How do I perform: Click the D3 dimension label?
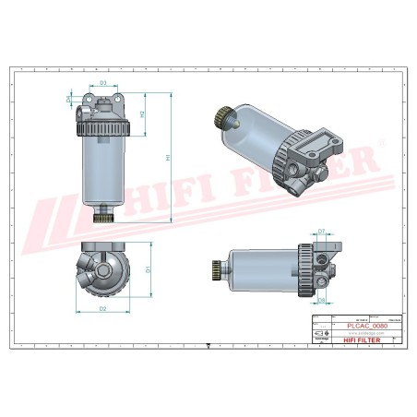(x=103, y=84)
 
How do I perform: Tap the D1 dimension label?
(x=148, y=270)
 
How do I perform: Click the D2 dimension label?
(x=103, y=307)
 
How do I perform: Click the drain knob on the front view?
(x=104, y=219)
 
